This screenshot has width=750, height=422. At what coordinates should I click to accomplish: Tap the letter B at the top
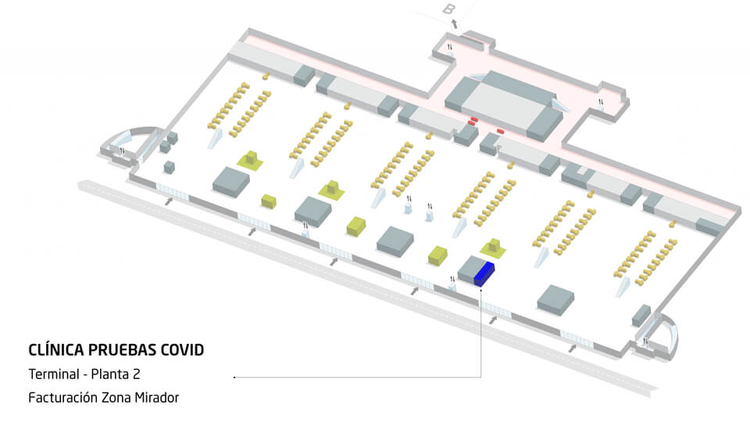(x=448, y=9)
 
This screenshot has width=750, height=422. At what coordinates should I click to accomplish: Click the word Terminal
(x=52, y=375)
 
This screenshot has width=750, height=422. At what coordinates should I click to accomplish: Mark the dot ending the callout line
(x=234, y=377)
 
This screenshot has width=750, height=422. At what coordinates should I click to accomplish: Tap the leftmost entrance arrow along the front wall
(x=169, y=202)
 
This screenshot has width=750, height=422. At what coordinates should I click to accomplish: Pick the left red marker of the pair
(x=473, y=121)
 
